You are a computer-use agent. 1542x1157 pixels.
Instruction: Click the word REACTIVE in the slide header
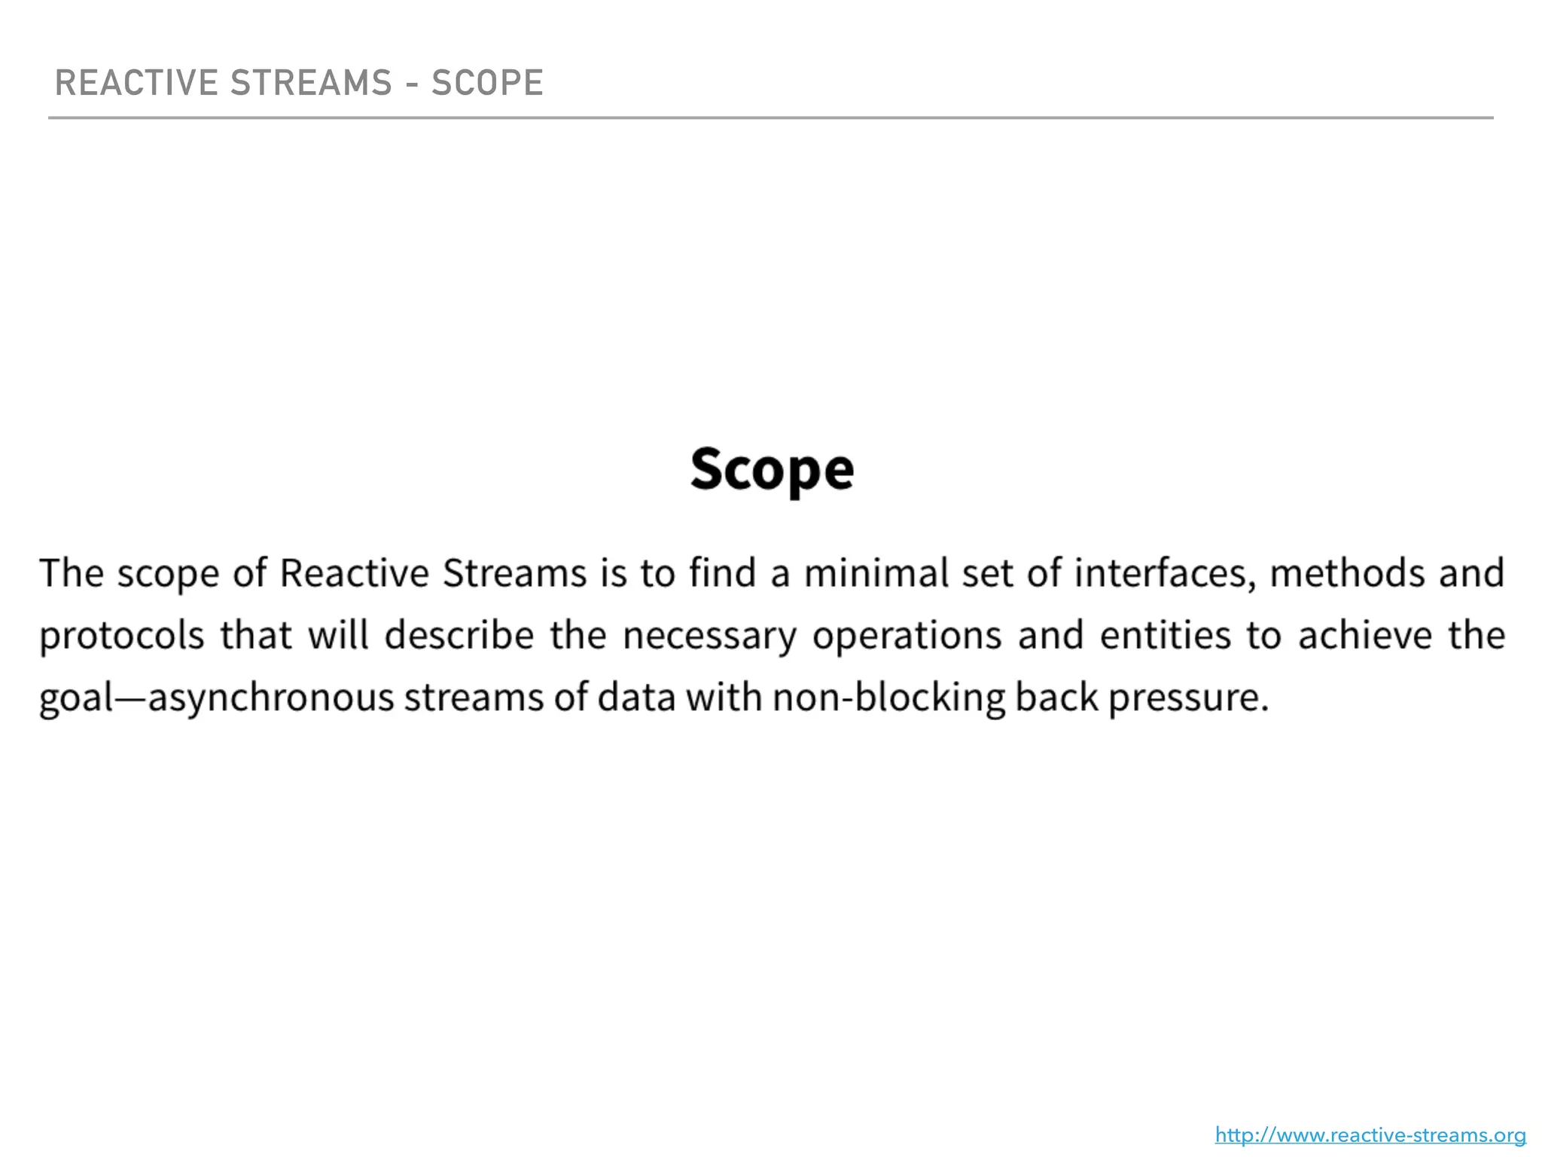pyautogui.click(x=136, y=83)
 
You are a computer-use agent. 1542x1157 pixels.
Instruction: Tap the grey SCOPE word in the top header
pyautogui.click(x=486, y=83)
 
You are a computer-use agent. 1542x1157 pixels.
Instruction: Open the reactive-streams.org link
pyautogui.click(x=1370, y=1135)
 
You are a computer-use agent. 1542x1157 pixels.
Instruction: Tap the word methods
pyautogui.click(x=1348, y=573)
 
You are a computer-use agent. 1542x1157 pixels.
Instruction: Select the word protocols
pyautogui.click(x=122, y=637)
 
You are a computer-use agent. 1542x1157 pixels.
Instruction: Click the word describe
pyautogui.click(x=459, y=635)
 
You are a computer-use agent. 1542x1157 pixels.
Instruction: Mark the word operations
pyautogui.click(x=907, y=637)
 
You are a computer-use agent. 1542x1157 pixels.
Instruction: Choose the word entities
pyautogui.click(x=1165, y=635)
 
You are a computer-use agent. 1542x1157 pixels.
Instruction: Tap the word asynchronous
pyautogui.click(x=271, y=698)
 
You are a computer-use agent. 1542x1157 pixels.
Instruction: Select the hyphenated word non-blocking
pyautogui.click(x=888, y=698)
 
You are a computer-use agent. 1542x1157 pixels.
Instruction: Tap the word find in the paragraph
pyautogui.click(x=722, y=573)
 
